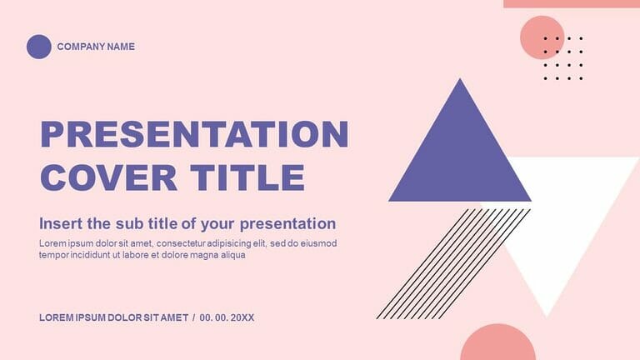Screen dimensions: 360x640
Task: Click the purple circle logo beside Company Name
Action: click(x=39, y=47)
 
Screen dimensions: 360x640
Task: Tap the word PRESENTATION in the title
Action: click(x=194, y=135)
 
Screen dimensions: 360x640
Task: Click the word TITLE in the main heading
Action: click(x=247, y=177)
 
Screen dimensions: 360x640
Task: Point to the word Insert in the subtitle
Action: click(x=61, y=223)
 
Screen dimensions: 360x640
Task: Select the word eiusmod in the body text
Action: click(x=317, y=243)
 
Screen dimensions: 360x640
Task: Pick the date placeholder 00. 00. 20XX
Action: click(x=227, y=318)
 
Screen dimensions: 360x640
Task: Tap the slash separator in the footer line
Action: click(x=193, y=318)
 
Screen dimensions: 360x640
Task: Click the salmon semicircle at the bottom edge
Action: click(x=497, y=345)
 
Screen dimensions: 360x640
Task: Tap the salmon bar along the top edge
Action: click(x=571, y=3)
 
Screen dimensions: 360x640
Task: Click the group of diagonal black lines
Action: click(x=454, y=262)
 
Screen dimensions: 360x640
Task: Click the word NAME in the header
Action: click(x=120, y=47)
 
